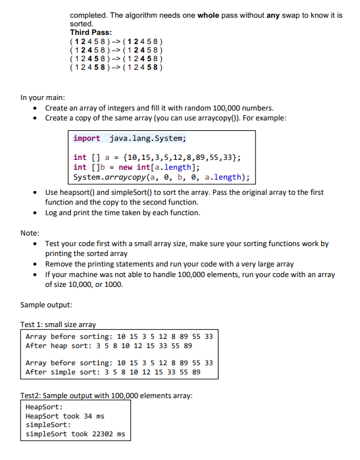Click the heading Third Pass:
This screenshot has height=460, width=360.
point(90,32)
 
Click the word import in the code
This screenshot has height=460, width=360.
point(87,138)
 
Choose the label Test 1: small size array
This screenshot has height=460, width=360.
point(58,325)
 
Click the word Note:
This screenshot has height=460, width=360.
point(30,232)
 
